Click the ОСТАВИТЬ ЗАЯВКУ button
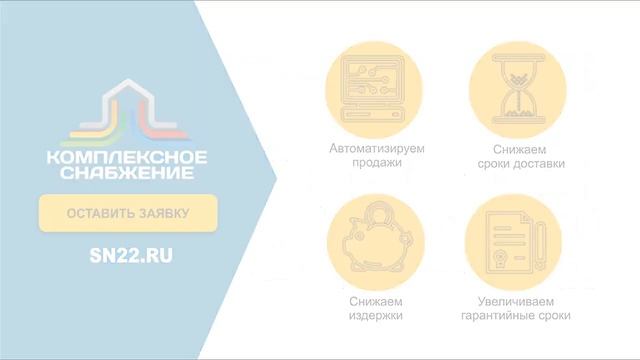(x=127, y=213)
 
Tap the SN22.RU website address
(x=130, y=256)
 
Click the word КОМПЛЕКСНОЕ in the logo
(x=127, y=158)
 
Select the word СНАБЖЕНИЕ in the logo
(x=127, y=174)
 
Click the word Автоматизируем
(x=377, y=148)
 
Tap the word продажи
(x=377, y=163)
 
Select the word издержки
(x=377, y=316)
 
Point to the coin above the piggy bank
(x=378, y=211)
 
